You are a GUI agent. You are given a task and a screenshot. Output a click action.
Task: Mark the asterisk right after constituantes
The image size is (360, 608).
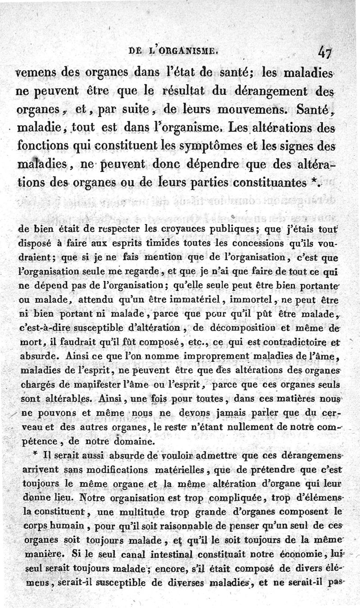(316, 183)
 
